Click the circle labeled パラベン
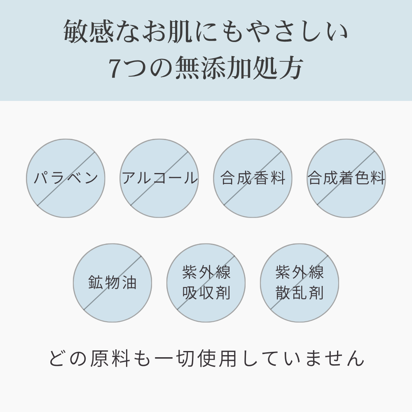pyautogui.click(x=66, y=178)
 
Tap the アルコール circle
pyautogui.click(x=159, y=178)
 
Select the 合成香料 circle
pyautogui.click(x=253, y=178)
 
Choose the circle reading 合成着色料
pyautogui.click(x=346, y=178)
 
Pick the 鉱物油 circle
pyautogui.click(x=112, y=283)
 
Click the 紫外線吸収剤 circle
pyautogui.click(x=206, y=283)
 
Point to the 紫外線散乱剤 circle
pyautogui.click(x=300, y=283)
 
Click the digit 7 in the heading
pyautogui.click(x=116, y=68)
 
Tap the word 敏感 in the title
pyautogui.click(x=89, y=32)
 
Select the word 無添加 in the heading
pyautogui.click(x=213, y=68)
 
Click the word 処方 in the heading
pyautogui.click(x=277, y=68)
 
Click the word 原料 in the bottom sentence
pyautogui.click(x=110, y=358)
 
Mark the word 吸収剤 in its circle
pyautogui.click(x=206, y=293)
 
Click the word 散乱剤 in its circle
pyautogui.click(x=300, y=293)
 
